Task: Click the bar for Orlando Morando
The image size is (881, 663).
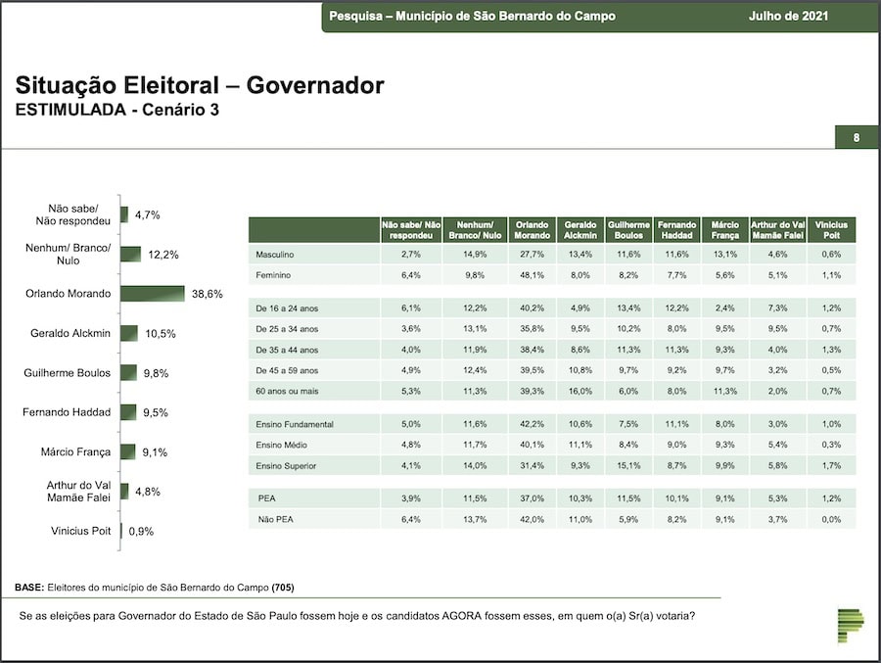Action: [x=153, y=294]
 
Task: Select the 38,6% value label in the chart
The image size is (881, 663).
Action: [x=208, y=294]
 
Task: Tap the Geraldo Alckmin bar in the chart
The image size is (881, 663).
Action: [x=129, y=333]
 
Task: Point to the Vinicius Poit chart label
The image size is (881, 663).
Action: [x=80, y=531]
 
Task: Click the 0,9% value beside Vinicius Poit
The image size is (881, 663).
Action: [x=141, y=532]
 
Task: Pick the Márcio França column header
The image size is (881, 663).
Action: [x=724, y=230]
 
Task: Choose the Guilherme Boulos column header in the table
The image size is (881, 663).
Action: [x=628, y=230]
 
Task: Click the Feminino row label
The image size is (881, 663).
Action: [x=273, y=275]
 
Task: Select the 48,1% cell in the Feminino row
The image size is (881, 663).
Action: [x=532, y=275]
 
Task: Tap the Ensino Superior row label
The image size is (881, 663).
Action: [x=286, y=465]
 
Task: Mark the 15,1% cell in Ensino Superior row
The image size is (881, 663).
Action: [x=628, y=465]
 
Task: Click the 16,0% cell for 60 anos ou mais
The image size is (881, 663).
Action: [x=580, y=391]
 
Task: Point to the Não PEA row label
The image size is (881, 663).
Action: [x=275, y=519]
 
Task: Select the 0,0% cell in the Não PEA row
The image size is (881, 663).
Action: [x=831, y=519]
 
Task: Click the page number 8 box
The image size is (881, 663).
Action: [x=857, y=137]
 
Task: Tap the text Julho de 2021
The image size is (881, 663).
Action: [x=788, y=16]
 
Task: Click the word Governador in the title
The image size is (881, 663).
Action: [x=315, y=85]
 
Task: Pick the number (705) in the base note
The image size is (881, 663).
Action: [x=283, y=587]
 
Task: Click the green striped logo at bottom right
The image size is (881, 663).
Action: [x=850, y=626]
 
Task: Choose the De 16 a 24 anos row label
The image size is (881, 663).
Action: [x=287, y=308]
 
